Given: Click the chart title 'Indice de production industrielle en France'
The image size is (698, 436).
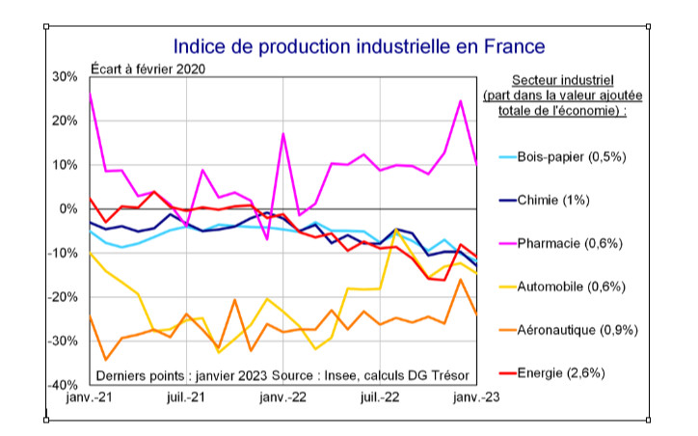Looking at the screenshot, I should coord(359,46).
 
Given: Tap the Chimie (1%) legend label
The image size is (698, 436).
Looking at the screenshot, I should coord(553,200).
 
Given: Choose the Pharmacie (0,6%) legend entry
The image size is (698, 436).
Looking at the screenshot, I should coord(570,243).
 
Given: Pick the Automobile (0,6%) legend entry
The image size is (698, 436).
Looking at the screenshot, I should coord(572,286).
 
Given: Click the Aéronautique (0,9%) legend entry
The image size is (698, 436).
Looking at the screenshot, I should coord(577,330).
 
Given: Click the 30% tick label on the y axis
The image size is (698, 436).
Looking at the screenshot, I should coord(65,77).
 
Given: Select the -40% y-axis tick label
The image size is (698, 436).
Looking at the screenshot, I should coord(63,386).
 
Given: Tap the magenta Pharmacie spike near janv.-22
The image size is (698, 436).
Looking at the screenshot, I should coord(283,134).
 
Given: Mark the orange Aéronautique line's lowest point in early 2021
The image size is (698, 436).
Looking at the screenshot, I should coord(105,360).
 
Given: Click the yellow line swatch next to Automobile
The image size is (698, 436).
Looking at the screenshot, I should coord(503,286).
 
